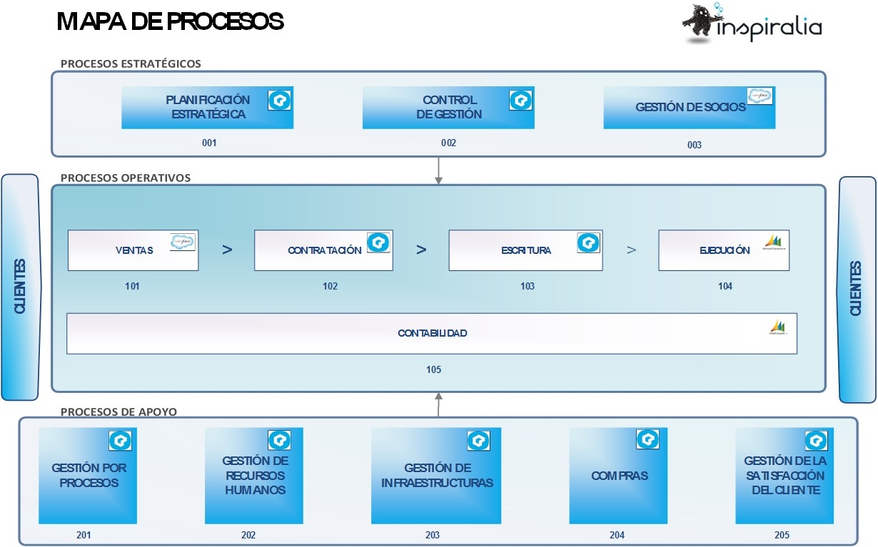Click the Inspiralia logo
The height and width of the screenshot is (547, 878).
pyautogui.click(x=751, y=24)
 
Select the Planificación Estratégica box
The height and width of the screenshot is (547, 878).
pyautogui.click(x=207, y=108)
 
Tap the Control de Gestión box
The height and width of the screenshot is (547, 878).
pyautogui.click(x=448, y=108)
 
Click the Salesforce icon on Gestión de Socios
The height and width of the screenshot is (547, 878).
pyautogui.click(x=760, y=96)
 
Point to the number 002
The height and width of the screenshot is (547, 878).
pyautogui.click(x=448, y=143)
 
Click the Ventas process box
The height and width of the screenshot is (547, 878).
pyautogui.click(x=133, y=250)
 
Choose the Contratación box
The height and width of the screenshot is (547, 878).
pyautogui.click(x=323, y=250)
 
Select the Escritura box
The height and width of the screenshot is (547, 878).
pyautogui.click(x=525, y=250)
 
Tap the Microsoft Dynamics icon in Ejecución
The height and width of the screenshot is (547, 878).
pyautogui.click(x=774, y=242)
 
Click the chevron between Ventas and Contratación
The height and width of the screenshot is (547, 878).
pyautogui.click(x=227, y=250)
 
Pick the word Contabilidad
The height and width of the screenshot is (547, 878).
pyautogui.click(x=433, y=333)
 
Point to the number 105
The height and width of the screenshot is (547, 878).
pyautogui.click(x=433, y=369)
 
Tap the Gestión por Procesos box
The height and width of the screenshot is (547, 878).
pyautogui.click(x=85, y=476)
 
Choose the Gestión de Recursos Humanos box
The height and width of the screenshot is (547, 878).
pyautogui.click(x=254, y=476)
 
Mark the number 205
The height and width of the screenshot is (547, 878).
pyautogui.click(x=782, y=535)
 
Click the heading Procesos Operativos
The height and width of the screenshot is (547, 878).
pyautogui.click(x=126, y=178)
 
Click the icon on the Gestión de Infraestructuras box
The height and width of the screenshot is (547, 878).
pyautogui.click(x=478, y=440)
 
